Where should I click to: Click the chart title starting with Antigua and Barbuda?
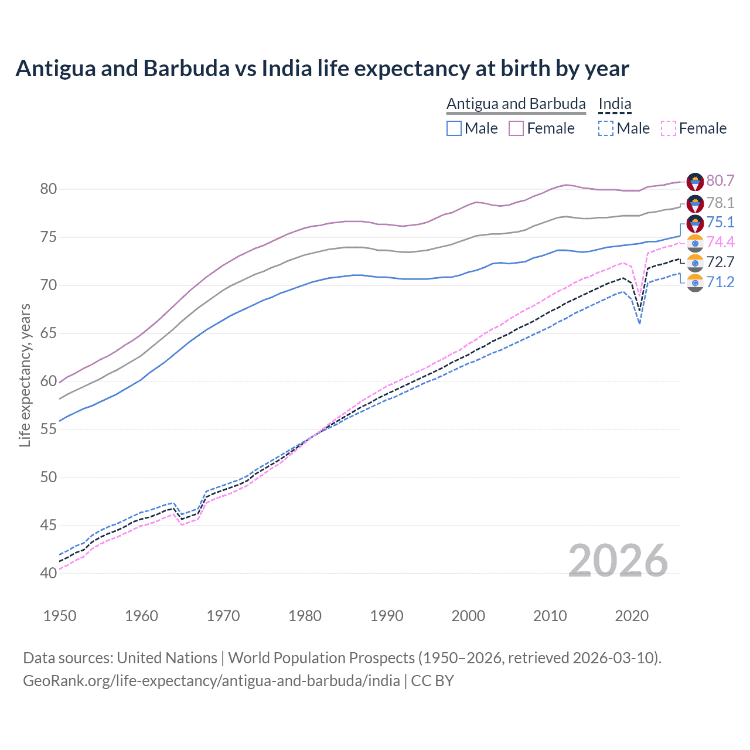coord(322,69)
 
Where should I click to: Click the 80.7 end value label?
coord(720,180)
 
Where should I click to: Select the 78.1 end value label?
coord(720,203)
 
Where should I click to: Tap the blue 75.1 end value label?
coord(720,222)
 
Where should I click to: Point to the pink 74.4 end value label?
coord(720,242)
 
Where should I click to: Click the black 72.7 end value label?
coord(720,262)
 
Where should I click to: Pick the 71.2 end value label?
coord(720,282)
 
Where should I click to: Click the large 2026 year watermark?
coord(618,561)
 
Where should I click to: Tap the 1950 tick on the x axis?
coord(60,616)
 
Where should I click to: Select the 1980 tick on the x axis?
coord(305,616)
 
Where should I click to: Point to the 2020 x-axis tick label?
coord(632,616)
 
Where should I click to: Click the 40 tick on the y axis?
coord(48,573)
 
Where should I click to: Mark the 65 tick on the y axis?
coord(48,333)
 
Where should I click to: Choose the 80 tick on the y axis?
coord(48,189)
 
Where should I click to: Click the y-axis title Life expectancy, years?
coord(25,375)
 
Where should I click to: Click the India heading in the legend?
coord(615,104)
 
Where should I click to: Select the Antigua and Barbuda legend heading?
coord(516,104)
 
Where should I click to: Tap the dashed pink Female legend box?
coord(668,128)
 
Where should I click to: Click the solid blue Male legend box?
coord(454,128)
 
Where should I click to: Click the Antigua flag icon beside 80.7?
coord(695,181)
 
